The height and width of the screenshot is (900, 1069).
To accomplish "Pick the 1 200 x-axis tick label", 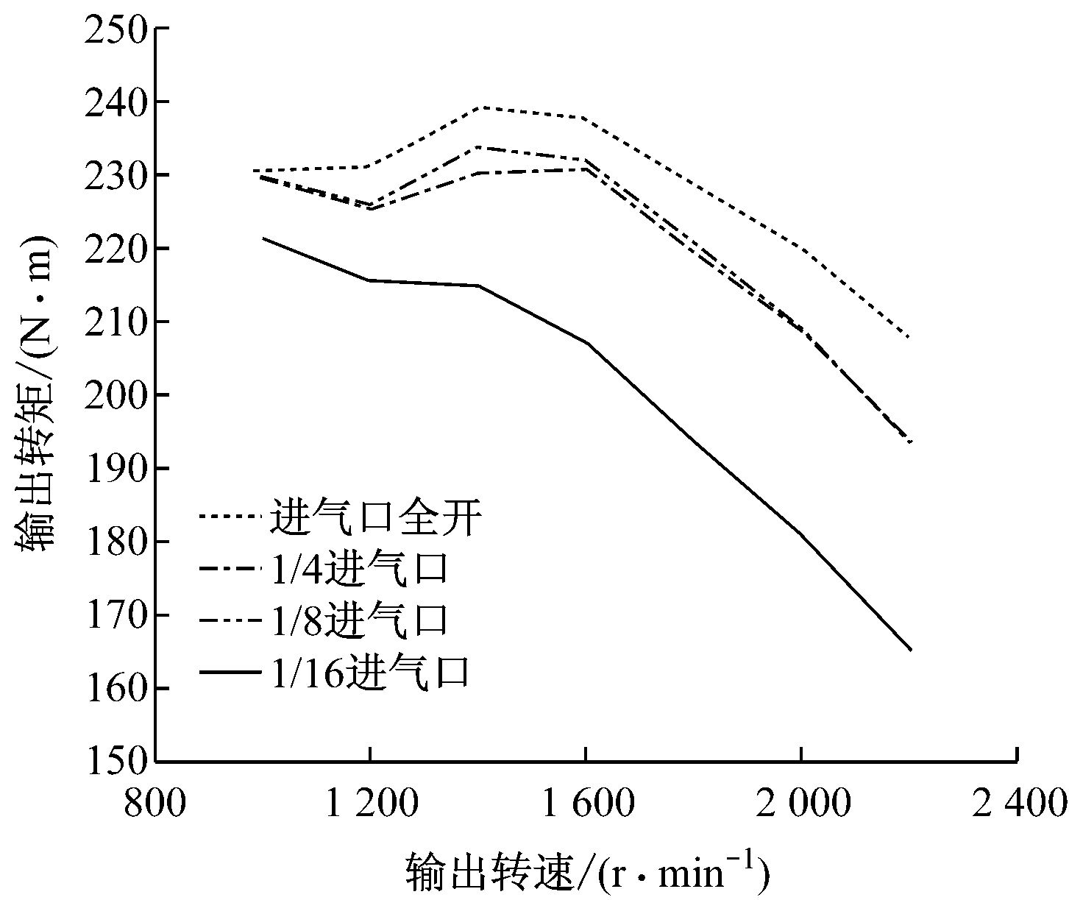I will pyautogui.click(x=370, y=804).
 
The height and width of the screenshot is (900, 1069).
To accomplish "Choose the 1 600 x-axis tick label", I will pyautogui.click(x=585, y=804).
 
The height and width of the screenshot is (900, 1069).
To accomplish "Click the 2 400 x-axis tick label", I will pyautogui.click(x=1019, y=804).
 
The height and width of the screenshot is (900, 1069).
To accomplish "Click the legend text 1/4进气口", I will pyautogui.click(x=359, y=569).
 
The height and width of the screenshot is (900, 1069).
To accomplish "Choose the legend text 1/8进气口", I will pyautogui.click(x=359, y=620).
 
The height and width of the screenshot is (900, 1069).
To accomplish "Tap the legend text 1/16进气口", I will pyautogui.click(x=370, y=672).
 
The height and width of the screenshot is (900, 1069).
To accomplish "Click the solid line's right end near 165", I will pyautogui.click(x=911, y=650).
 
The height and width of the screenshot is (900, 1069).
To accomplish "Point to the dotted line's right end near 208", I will pyautogui.click(x=910, y=337).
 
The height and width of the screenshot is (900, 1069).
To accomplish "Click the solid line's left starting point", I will pyautogui.click(x=263, y=238).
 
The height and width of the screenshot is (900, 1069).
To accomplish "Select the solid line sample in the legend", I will pyautogui.click(x=230, y=672).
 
